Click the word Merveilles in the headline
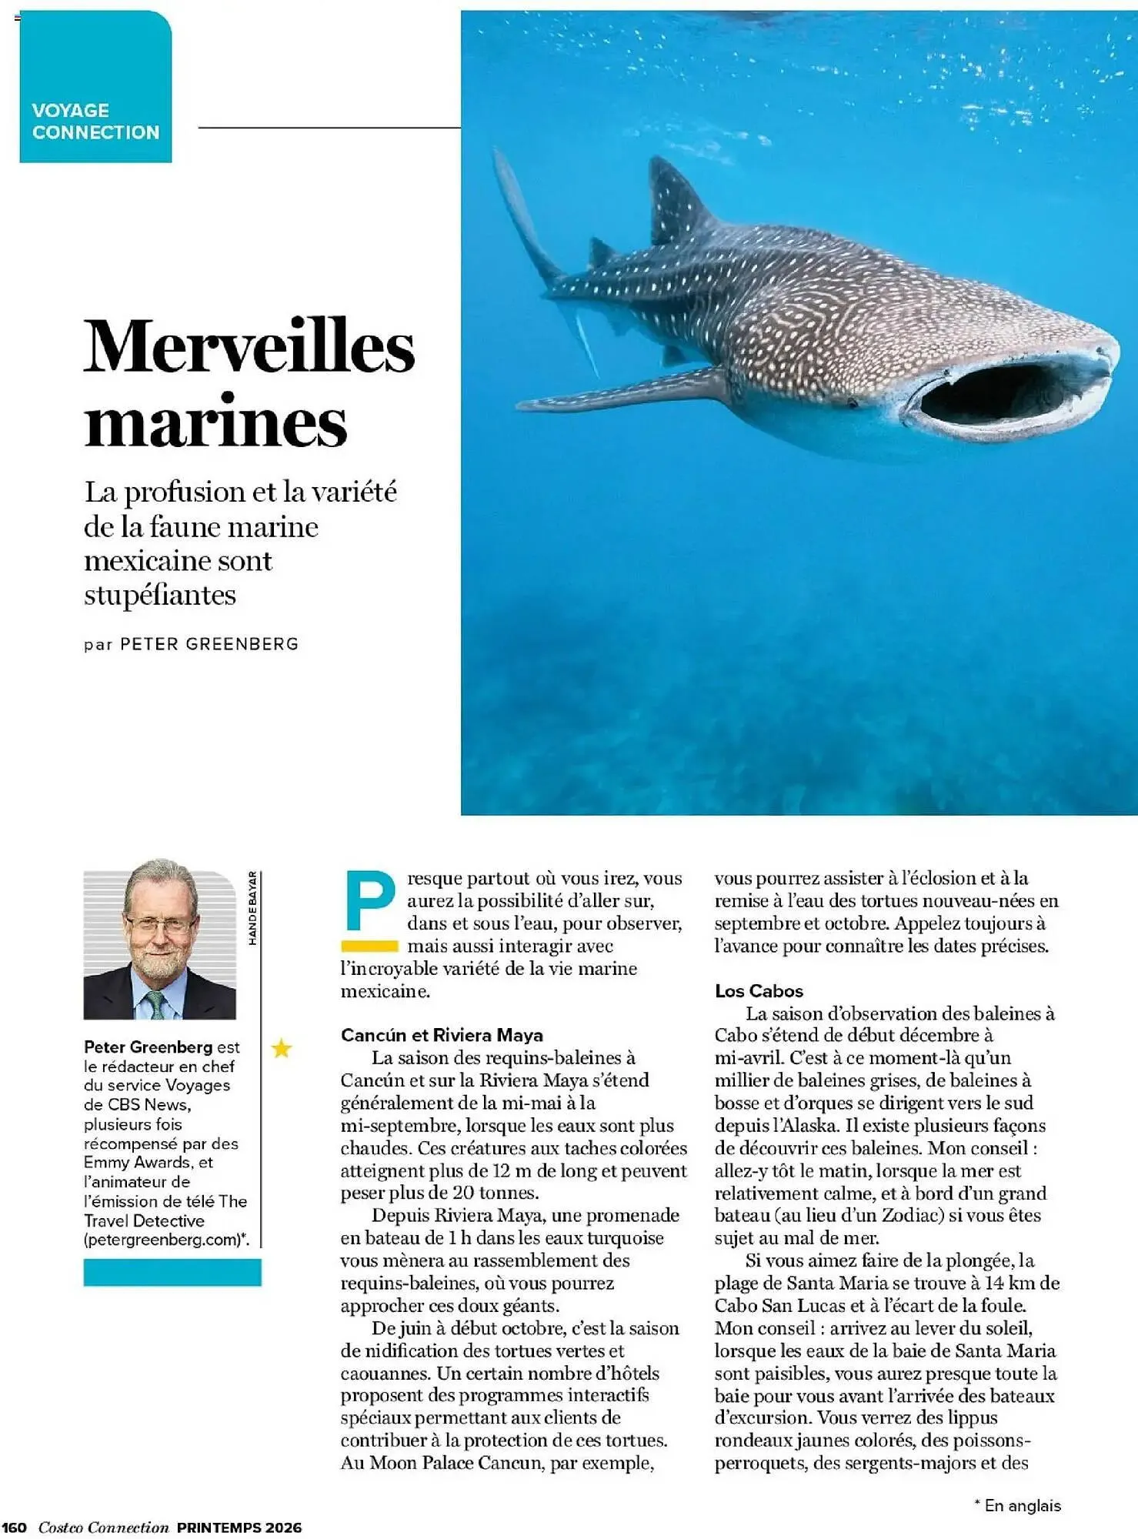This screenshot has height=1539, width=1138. [x=249, y=346]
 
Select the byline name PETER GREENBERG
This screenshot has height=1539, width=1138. [x=209, y=644]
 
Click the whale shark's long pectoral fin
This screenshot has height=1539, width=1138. [x=616, y=392]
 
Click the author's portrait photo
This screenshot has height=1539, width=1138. [x=159, y=944]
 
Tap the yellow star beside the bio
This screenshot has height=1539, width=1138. [x=282, y=1048]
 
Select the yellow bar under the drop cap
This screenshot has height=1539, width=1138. [x=369, y=946]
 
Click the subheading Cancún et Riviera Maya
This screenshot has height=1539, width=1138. [x=442, y=1035]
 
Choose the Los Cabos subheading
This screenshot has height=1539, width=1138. [x=759, y=991]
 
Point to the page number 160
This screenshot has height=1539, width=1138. [x=15, y=1527]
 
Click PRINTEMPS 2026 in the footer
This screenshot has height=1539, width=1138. [x=239, y=1527]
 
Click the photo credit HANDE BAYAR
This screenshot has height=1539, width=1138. [x=252, y=908]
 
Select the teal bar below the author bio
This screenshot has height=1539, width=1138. [x=172, y=1272]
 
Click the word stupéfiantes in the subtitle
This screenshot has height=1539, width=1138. [x=160, y=595]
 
